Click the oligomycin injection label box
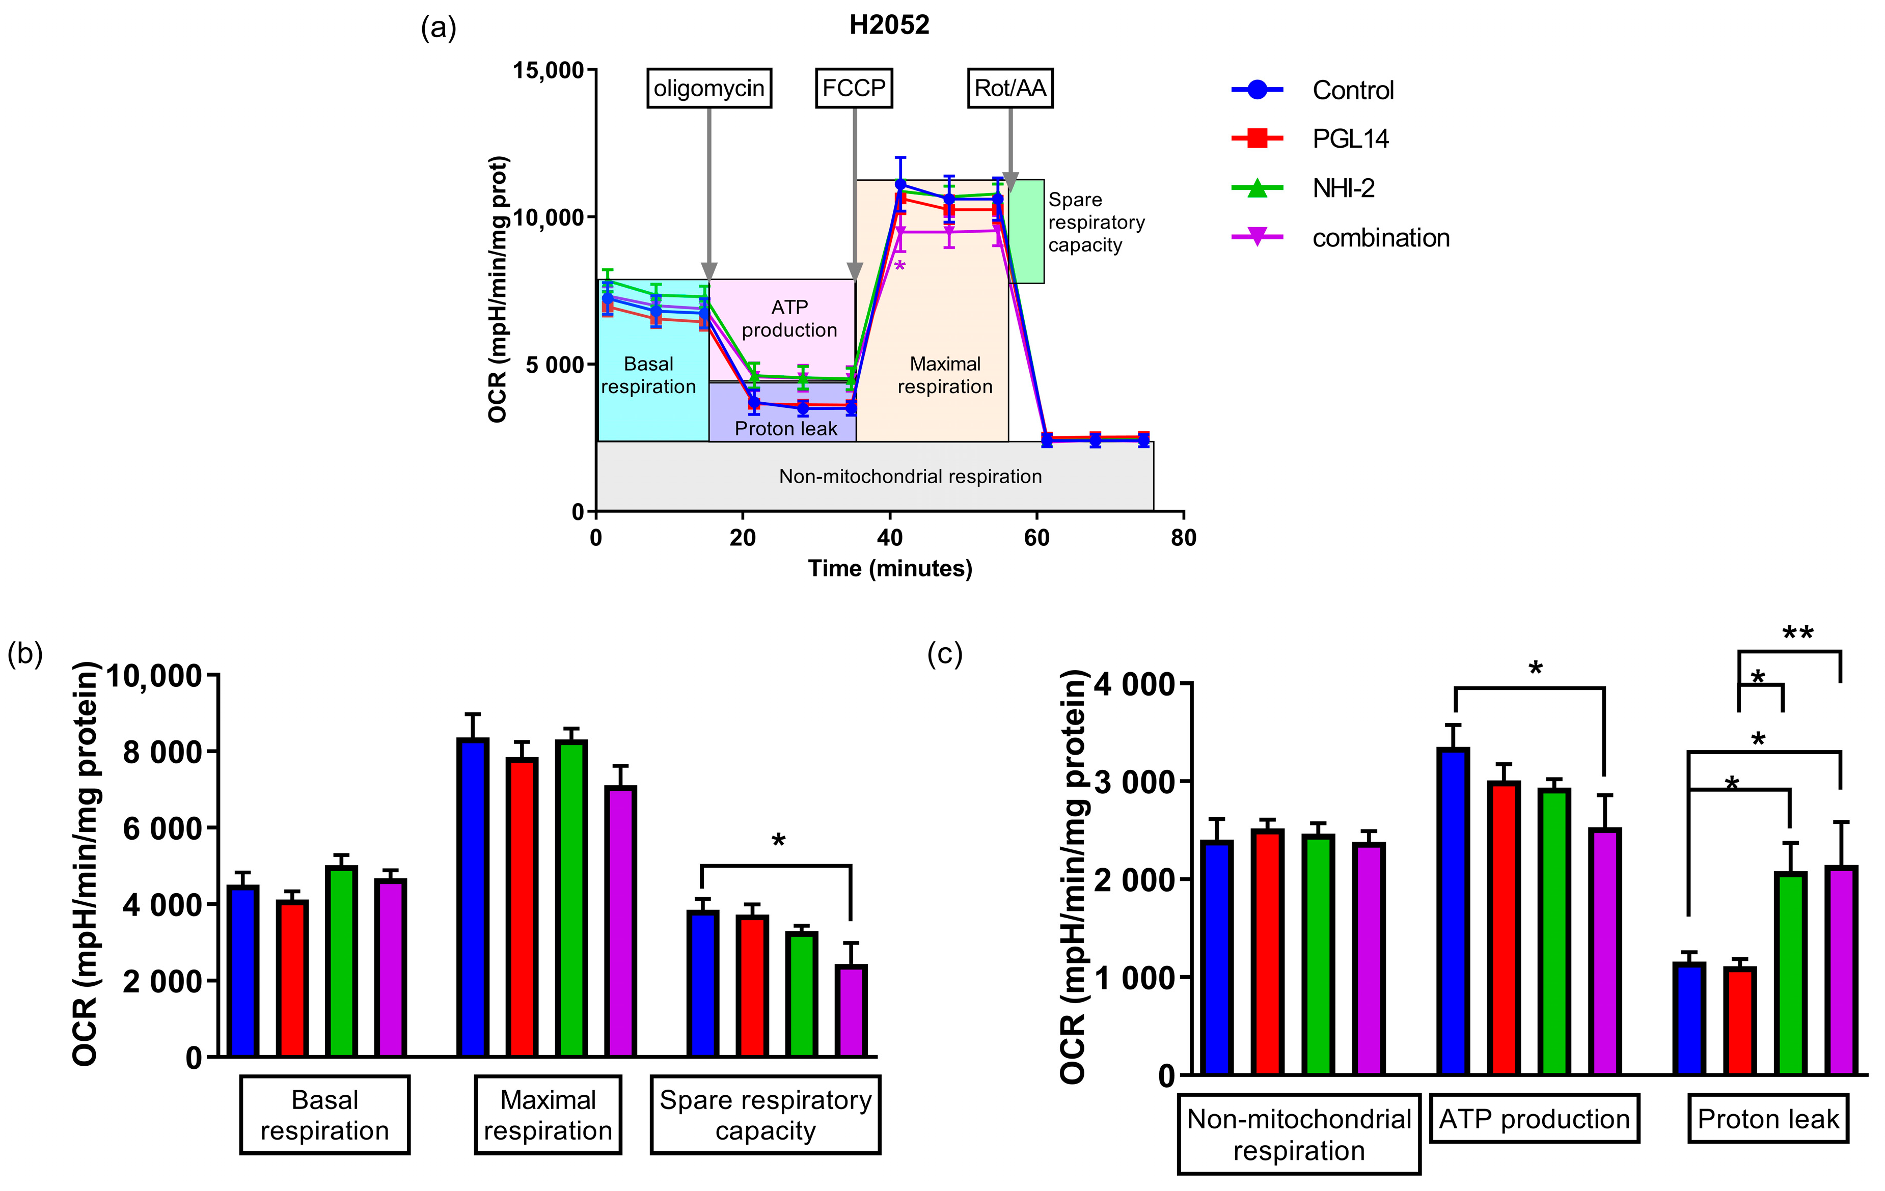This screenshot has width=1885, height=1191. coord(708,89)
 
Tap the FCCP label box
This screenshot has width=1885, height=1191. coord(853,89)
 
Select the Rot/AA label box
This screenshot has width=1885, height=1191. coord(1010,89)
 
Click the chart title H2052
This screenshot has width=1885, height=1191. coord(889,25)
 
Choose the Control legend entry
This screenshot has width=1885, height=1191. coord(1352,90)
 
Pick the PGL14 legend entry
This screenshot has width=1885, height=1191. coord(1350,139)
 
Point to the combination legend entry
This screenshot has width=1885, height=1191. coord(1380,238)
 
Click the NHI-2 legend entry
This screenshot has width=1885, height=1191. coord(1343,188)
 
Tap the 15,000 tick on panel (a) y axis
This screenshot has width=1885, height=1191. coord(548,70)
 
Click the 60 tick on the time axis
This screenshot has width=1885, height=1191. coord(1036,538)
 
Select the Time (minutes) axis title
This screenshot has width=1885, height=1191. coord(890,568)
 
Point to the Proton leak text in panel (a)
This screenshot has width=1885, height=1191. coord(785,429)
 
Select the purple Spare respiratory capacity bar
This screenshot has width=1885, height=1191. coord(851,1011)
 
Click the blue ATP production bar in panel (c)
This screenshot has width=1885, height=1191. coord(1453,911)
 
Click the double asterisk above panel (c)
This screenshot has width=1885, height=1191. coord(1797,632)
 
